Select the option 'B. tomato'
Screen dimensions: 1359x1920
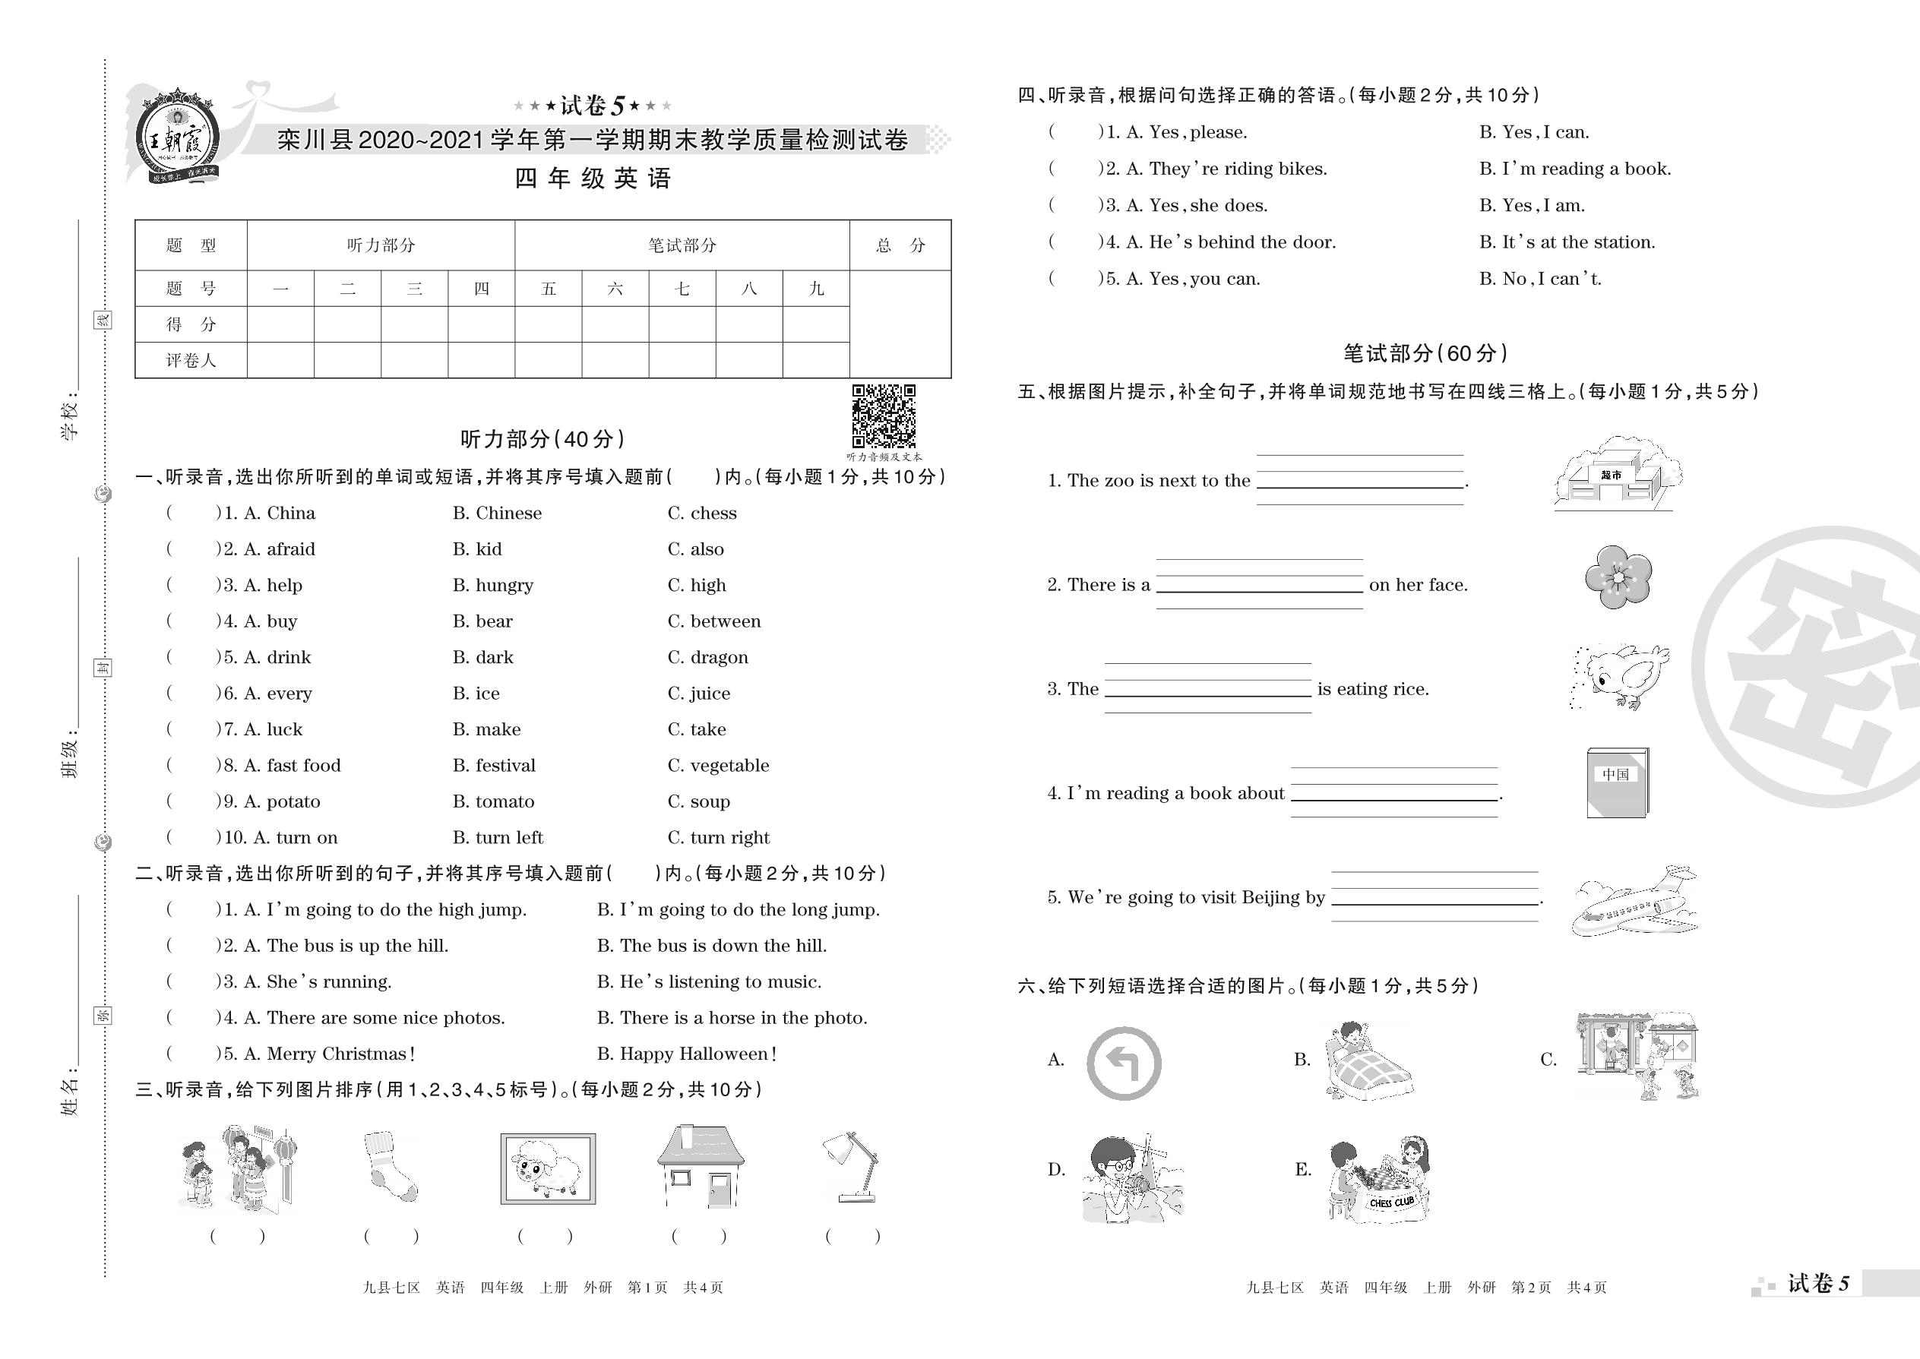click(493, 801)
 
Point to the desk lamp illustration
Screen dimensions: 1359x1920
click(852, 1167)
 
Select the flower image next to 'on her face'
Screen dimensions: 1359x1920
click(1617, 577)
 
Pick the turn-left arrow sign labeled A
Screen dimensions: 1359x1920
click(1123, 1063)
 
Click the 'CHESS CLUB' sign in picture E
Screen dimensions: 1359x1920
click(1391, 1203)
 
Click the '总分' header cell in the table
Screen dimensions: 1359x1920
click(900, 245)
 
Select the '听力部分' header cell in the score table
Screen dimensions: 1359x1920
click(381, 245)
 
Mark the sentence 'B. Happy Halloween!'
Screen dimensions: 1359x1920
click(686, 1054)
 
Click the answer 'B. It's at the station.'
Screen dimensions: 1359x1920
click(1567, 242)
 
